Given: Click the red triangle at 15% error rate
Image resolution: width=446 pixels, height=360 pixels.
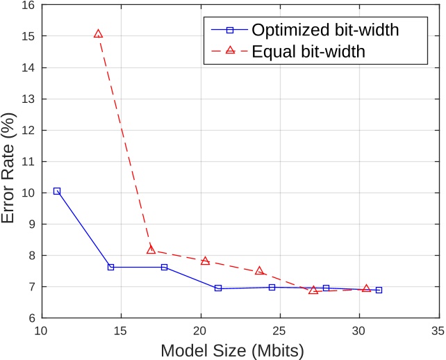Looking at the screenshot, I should [x=98, y=34].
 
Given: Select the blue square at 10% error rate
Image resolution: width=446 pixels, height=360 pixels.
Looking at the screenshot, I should [x=57, y=190].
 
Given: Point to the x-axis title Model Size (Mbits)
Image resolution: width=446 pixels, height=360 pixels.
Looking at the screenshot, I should [x=232, y=350].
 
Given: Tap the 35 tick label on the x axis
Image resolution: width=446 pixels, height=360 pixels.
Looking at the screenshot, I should [x=438, y=331].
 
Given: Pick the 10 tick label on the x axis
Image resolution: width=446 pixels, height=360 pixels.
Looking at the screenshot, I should [x=41, y=331].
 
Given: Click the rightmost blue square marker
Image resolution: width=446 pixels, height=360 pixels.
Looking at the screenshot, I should [x=379, y=290].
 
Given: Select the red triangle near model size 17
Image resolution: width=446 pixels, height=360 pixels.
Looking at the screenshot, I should [x=151, y=249].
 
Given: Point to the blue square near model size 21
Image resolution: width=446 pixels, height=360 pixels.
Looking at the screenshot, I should [x=218, y=288].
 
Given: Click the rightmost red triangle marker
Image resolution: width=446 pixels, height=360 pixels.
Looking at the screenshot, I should [x=366, y=288].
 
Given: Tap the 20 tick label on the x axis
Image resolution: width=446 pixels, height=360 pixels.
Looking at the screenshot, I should [x=200, y=331].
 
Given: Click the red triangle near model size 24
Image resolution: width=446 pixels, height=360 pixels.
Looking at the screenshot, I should [x=259, y=271].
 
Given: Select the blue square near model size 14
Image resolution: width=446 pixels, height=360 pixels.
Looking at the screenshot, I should [x=110, y=267].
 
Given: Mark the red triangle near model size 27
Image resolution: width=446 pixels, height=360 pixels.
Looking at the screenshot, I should [x=313, y=291].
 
